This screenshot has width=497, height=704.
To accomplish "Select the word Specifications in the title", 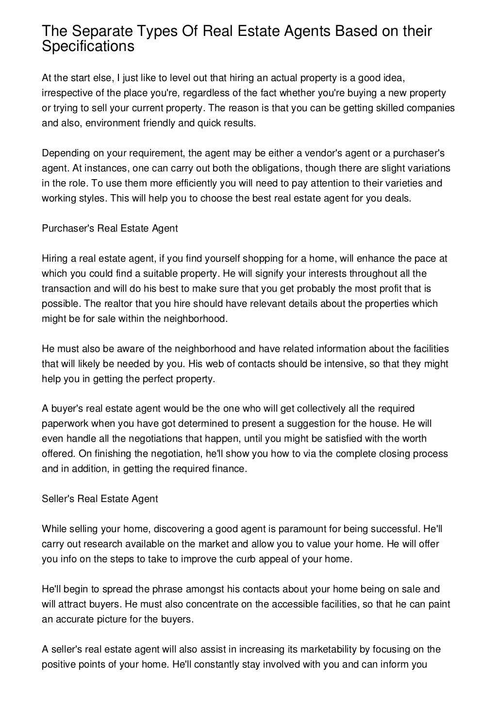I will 87,47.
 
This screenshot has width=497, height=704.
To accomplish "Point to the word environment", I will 116,123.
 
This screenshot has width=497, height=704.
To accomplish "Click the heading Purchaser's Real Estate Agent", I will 110,228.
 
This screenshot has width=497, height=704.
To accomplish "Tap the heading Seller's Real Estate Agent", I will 100,499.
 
